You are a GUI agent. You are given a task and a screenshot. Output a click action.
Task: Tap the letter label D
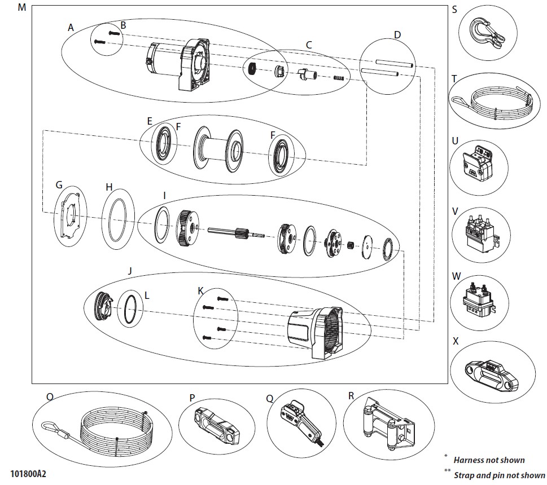tap(397, 35)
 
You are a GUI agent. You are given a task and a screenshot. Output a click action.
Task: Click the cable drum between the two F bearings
tap(218, 149)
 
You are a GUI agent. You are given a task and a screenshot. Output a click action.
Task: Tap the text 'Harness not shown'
tap(489, 460)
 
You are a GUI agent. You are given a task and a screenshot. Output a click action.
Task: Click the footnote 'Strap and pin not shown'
tap(499, 475)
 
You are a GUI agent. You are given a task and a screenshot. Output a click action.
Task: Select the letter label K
tap(200, 291)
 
